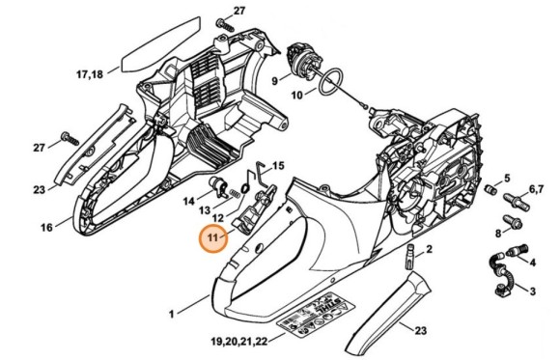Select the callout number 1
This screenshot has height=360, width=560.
[172, 314]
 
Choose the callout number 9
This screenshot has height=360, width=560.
[274, 82]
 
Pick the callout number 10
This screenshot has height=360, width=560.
[297, 95]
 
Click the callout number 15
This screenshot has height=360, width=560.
[278, 165]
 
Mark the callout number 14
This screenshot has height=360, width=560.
[190, 200]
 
